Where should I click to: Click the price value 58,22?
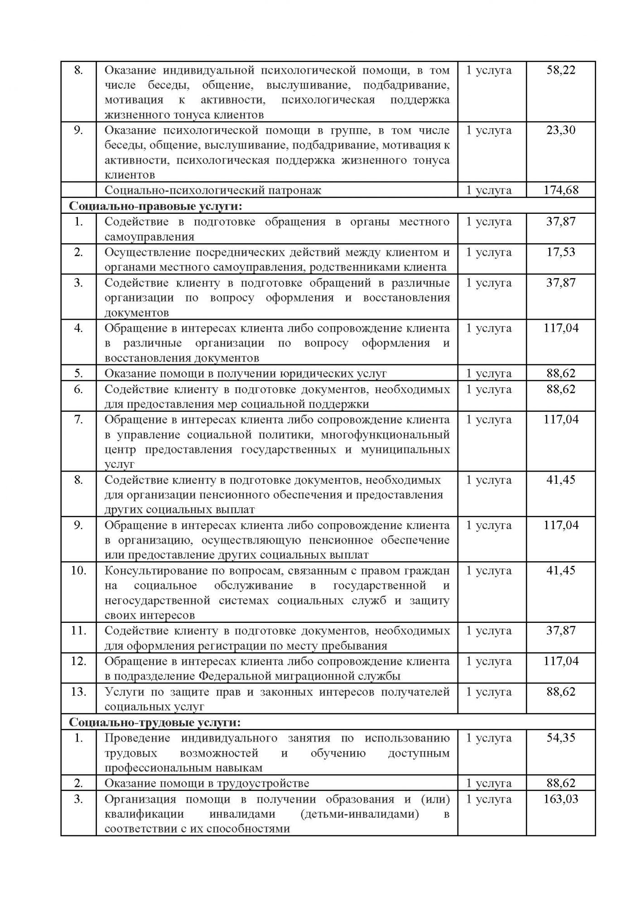click(x=561, y=70)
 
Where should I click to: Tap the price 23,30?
click(x=561, y=130)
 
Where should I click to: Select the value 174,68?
click(x=561, y=190)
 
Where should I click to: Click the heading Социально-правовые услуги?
click(x=155, y=206)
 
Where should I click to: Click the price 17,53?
click(x=561, y=252)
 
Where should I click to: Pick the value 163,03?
click(x=561, y=799)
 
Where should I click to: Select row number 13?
click(x=78, y=692)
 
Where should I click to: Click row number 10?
click(x=78, y=570)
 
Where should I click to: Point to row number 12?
click(x=78, y=661)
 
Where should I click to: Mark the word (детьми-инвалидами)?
click(x=359, y=814)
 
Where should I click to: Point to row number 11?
click(x=78, y=631)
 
